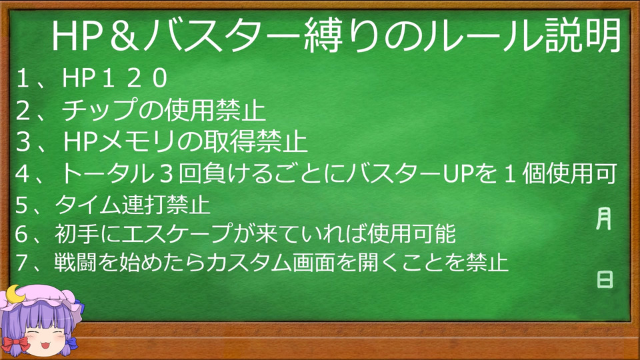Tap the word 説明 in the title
583,35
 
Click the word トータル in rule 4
106,173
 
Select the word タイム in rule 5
88,205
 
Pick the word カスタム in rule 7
249,262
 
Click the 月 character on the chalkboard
604,219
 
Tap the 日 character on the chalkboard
605,279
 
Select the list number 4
22,174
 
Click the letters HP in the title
76,36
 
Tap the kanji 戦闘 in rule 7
75,262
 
